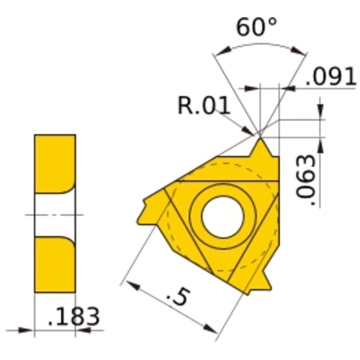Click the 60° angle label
coord(256,27)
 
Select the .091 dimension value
coord(330,76)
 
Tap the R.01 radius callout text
coord(204,105)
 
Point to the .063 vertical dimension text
coord(305,180)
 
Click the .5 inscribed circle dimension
coord(179,297)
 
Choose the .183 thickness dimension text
coord(73,316)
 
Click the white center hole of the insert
coord(222,217)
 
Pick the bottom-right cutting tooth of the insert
coord(261,283)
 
